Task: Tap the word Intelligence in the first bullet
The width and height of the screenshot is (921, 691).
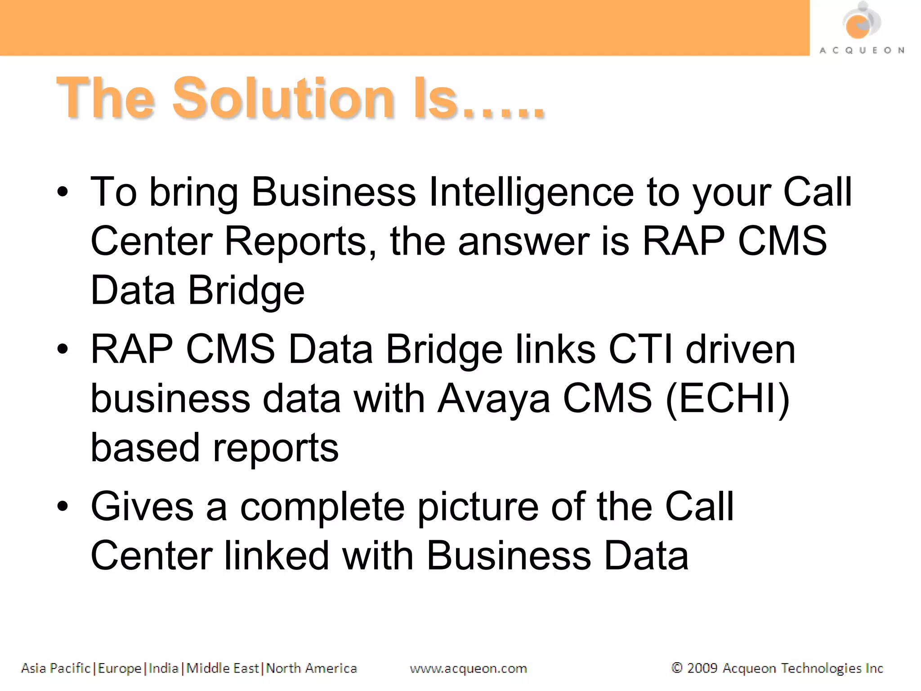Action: coord(531,193)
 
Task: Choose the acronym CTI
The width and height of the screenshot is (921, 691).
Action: coord(640,350)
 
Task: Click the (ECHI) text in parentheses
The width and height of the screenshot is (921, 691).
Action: coord(727,399)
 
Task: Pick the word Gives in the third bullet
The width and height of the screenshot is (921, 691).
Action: coord(142,507)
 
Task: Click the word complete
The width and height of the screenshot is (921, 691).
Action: coord(322,507)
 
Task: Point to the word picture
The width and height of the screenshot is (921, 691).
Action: coord(478,507)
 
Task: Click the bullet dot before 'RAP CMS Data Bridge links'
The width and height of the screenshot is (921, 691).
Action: coord(63,350)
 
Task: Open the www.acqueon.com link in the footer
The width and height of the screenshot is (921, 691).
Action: coord(468,669)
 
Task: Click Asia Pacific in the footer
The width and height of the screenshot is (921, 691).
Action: coord(56,669)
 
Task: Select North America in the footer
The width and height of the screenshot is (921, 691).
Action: coord(311,669)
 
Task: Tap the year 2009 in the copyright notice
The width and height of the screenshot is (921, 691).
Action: coord(702,669)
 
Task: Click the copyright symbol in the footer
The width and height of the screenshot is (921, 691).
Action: coord(676,668)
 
